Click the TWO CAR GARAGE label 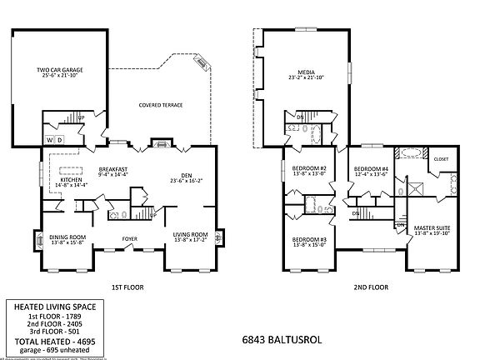tap(59, 70)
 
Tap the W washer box tap(49, 139)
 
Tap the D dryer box tap(60, 139)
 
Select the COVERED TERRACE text tap(160, 105)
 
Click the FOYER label tap(130, 237)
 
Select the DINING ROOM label tap(67, 236)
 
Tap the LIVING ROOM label tap(189, 234)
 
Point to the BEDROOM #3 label tap(307, 240)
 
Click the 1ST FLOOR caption tap(128, 287)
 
